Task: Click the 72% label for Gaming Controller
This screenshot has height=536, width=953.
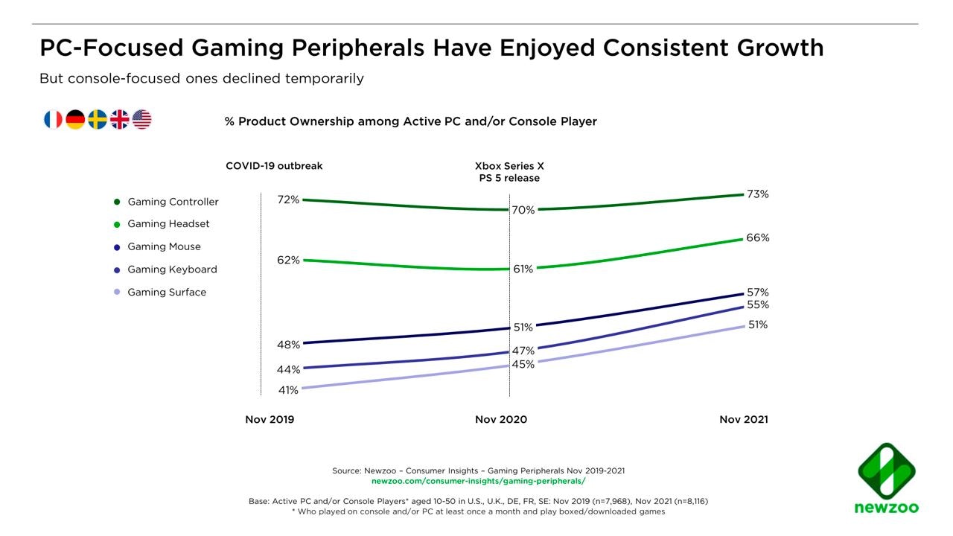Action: tap(289, 200)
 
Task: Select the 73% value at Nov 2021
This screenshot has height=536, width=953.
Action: tap(758, 194)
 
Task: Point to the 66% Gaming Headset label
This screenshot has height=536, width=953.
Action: tap(758, 238)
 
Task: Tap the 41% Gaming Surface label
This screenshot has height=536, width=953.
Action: tap(289, 390)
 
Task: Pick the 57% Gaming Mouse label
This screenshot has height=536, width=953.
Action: tap(758, 293)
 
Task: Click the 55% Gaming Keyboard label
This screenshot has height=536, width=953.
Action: tap(758, 305)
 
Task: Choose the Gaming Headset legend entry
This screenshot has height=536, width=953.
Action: tap(168, 224)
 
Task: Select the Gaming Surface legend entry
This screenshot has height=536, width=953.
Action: tap(167, 293)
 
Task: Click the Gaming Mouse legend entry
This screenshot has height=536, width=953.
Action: tap(164, 246)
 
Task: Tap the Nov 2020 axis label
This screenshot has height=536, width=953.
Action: tap(501, 420)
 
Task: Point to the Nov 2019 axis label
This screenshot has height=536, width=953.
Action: tap(270, 420)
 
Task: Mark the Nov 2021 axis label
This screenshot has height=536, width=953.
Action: tap(744, 420)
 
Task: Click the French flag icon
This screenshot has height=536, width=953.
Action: tap(53, 119)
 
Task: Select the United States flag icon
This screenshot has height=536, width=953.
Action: tap(142, 119)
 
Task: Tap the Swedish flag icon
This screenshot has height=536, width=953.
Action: tap(98, 119)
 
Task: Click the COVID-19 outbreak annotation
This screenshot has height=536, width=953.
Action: tap(274, 166)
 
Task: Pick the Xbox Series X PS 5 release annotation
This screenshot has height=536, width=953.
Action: tap(509, 172)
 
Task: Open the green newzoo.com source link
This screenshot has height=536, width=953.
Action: tap(478, 482)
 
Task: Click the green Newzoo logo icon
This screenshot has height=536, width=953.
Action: tap(886, 473)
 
